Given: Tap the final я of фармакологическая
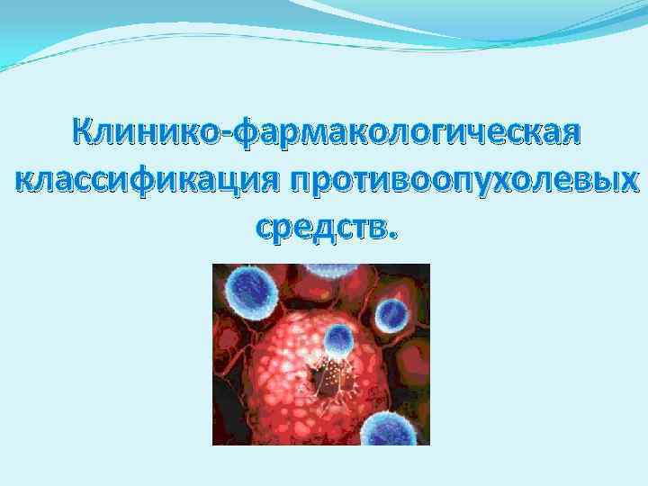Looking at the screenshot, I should pyautogui.click(x=571, y=137).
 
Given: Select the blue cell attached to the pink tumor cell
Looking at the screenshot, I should pyautogui.click(x=339, y=339).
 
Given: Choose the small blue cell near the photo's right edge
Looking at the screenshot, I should pyautogui.click(x=393, y=314).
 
